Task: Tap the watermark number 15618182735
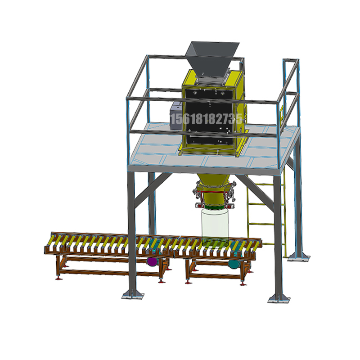click(x=206, y=119)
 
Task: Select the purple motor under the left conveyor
click(x=152, y=261)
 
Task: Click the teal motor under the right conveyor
click(x=234, y=264)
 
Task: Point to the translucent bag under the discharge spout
click(x=215, y=227)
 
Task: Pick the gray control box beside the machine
click(x=176, y=116)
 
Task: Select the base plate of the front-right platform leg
click(x=279, y=299)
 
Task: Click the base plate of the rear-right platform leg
click(x=299, y=257)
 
